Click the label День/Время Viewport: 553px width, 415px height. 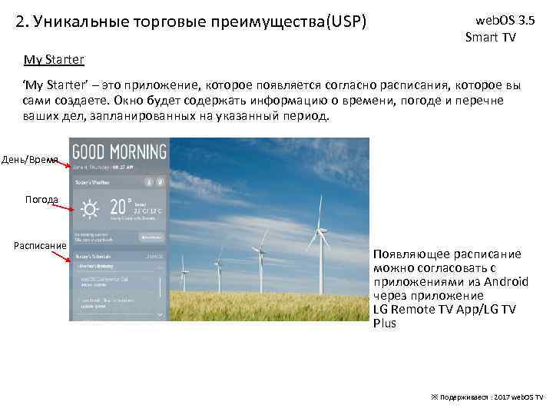(30, 159)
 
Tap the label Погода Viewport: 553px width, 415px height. (41, 199)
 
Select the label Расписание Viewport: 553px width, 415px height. (40, 246)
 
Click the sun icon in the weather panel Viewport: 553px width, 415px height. (91, 209)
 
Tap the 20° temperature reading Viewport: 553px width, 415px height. (119, 207)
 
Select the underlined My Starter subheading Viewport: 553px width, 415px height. (54, 59)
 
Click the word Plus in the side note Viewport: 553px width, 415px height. (385, 323)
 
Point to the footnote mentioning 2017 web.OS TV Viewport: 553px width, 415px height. (487, 395)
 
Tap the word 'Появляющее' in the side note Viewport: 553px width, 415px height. (408, 254)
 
